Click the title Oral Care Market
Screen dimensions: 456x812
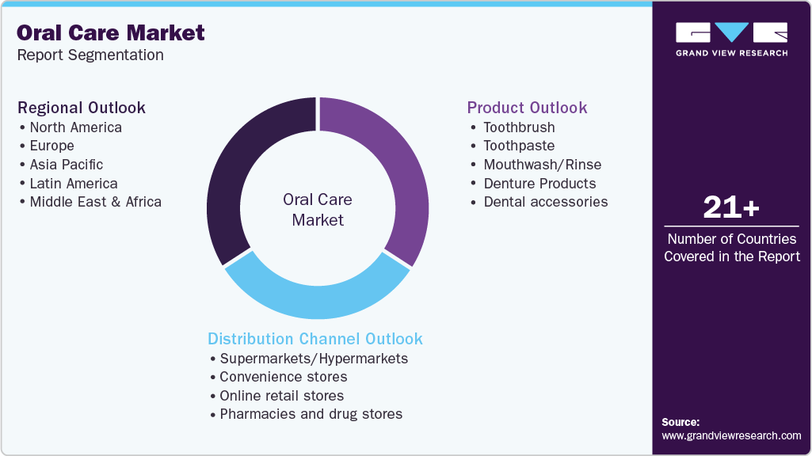click(x=111, y=32)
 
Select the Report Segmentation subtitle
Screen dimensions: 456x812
click(x=90, y=55)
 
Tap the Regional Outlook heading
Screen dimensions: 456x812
click(x=82, y=108)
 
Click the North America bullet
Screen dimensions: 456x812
click(x=75, y=127)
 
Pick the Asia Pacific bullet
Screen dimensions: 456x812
click(x=67, y=165)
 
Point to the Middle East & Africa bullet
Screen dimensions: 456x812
click(x=95, y=202)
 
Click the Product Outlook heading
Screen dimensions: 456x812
click(x=527, y=108)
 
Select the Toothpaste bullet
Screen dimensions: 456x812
click(x=519, y=146)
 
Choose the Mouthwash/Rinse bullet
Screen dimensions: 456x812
click(x=542, y=165)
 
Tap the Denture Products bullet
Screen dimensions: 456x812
click(x=539, y=184)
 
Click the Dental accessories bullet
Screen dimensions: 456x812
click(x=545, y=202)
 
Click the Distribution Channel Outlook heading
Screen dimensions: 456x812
click(x=315, y=339)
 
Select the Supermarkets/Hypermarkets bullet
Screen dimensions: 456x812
click(x=314, y=359)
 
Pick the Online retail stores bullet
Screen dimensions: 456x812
click(x=281, y=396)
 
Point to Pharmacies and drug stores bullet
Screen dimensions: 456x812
click(x=311, y=414)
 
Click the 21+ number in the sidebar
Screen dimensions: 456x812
click(x=731, y=208)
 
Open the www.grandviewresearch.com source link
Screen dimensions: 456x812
click(x=731, y=435)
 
